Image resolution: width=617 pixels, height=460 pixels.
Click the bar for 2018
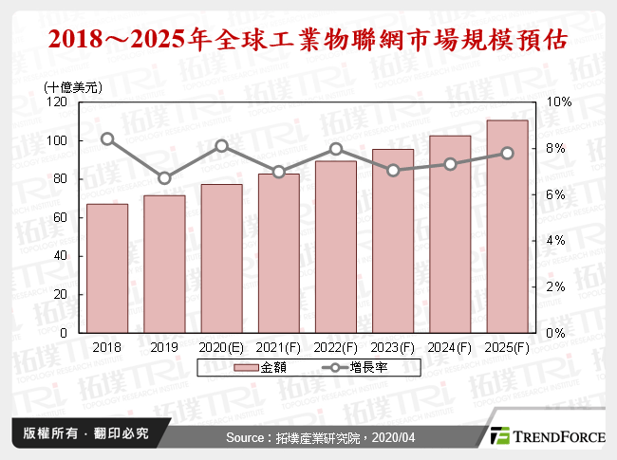tap(107, 268)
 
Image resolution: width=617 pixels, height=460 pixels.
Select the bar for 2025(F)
tap(507, 227)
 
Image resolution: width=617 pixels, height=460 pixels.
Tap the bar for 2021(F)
tap(278, 253)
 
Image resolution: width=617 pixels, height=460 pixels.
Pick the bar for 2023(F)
tap(393, 241)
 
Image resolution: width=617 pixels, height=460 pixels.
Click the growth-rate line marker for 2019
tap(164, 178)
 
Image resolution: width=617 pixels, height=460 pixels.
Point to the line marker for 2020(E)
tap(221, 146)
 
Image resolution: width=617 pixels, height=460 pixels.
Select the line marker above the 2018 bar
tap(107, 138)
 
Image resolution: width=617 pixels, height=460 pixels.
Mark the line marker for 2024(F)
tap(450, 164)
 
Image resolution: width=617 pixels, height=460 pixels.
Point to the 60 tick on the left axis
tap(60, 218)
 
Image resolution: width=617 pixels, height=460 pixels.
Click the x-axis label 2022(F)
tap(336, 348)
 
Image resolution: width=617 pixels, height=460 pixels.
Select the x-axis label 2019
tap(164, 348)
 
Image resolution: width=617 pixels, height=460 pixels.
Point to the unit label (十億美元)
tap(74, 86)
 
